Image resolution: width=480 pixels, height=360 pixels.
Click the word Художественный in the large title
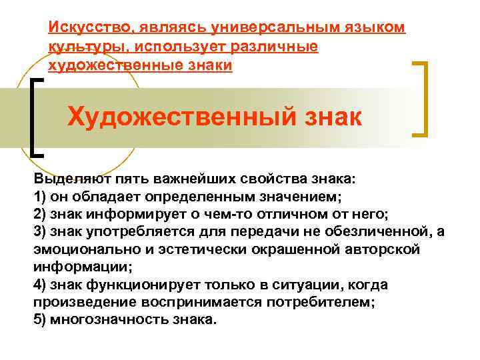[173, 117]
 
